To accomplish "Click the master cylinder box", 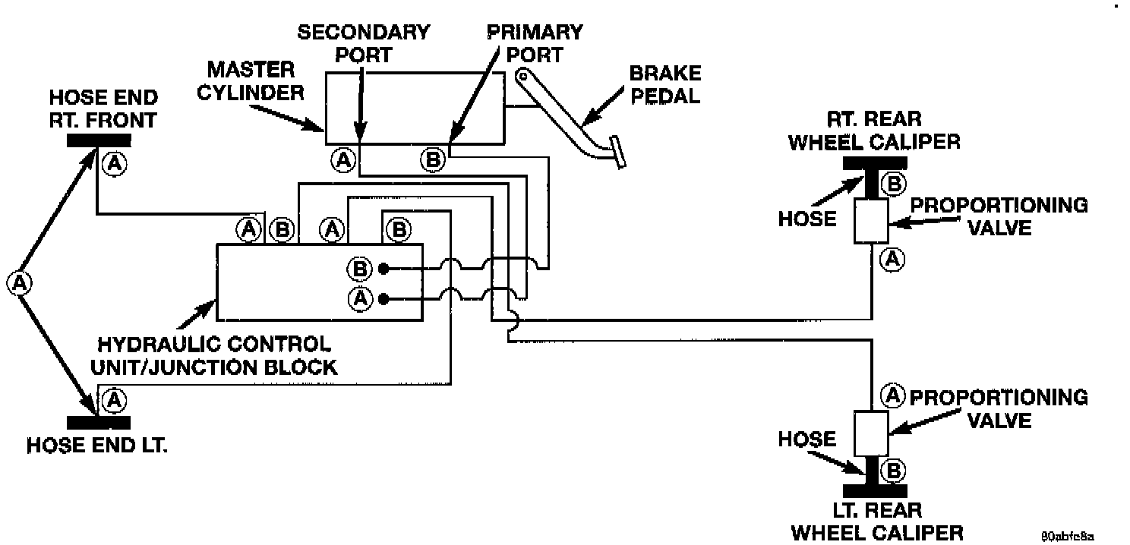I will click(414, 107).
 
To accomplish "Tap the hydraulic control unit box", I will click(319, 282).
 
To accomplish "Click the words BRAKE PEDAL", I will click(665, 86).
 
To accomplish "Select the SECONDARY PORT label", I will click(363, 43).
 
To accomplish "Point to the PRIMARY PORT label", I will click(535, 43).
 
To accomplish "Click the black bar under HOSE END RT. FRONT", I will click(99, 140).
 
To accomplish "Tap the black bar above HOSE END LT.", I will click(99, 422).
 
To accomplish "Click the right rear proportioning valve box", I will click(870, 221).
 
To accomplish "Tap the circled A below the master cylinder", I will click(343, 160).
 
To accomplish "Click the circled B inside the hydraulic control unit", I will click(359, 269).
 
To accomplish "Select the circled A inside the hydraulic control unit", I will click(359, 299).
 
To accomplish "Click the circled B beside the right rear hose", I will click(895, 183).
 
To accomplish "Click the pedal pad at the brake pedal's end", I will click(618, 153).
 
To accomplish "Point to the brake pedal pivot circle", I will click(522, 75).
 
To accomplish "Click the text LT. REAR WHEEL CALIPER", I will click(876, 521).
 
